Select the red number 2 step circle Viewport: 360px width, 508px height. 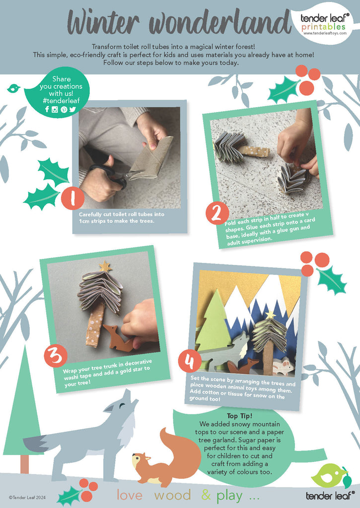click(217, 213)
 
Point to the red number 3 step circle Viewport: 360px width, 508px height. click(56, 356)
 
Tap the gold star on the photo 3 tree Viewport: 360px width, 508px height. click(105, 266)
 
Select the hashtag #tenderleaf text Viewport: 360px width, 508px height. click(61, 101)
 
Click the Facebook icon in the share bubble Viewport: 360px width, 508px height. click(47, 109)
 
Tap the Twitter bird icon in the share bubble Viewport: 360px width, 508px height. click(72, 109)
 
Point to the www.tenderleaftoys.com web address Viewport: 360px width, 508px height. click(325, 33)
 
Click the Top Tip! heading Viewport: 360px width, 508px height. click(239, 416)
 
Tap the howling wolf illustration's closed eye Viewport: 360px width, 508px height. click(122, 405)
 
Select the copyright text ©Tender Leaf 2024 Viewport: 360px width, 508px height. click(27, 497)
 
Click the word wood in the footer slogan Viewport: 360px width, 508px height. click(172, 495)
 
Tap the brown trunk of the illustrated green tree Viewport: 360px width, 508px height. click(24, 464)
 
